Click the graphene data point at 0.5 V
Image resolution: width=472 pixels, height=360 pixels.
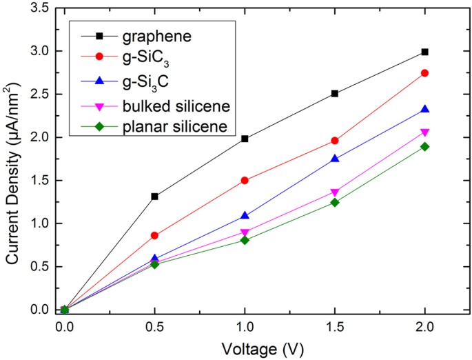click(154, 197)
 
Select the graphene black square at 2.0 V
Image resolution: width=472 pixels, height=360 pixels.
click(424, 52)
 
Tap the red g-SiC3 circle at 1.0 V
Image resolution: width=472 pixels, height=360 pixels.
click(245, 180)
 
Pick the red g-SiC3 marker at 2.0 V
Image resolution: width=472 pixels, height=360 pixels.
click(424, 73)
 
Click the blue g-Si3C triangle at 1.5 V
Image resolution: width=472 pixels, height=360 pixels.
click(335, 159)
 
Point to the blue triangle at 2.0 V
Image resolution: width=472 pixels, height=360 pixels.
click(424, 109)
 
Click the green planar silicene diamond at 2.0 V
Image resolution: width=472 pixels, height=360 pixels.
click(424, 146)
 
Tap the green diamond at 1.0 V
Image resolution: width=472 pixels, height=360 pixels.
click(245, 240)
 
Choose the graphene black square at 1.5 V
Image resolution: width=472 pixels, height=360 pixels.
click(335, 93)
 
